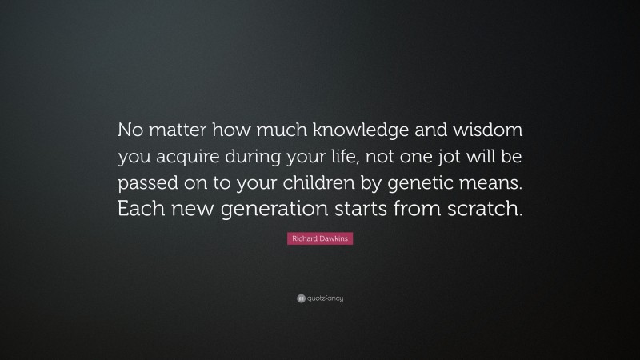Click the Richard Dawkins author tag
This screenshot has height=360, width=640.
pos(319,238)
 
